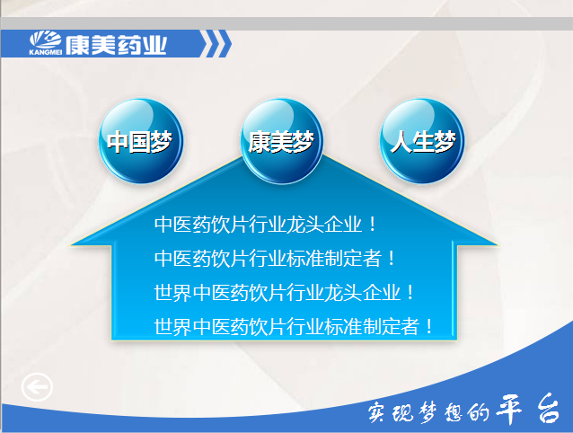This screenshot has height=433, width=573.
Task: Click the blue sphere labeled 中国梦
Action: pos(141,141)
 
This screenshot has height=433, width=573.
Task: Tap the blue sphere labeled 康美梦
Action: pos(282,141)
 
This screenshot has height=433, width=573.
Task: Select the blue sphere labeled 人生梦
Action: pos(422,141)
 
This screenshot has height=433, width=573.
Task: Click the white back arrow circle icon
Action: pos(37,387)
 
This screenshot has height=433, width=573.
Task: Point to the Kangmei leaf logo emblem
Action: pos(45,40)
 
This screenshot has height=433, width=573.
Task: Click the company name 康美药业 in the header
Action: pos(116,45)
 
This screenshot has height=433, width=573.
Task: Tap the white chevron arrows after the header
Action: pos(216,44)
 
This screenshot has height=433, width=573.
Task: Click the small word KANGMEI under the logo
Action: pos(45,52)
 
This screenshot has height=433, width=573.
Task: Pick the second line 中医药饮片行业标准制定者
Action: pos(268,258)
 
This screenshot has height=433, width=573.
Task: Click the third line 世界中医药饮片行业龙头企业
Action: pos(278,292)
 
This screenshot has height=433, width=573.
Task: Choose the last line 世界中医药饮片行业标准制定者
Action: pos(286,326)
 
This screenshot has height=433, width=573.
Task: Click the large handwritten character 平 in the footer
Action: pos(509,410)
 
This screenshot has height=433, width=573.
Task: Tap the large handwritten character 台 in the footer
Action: pos(549,409)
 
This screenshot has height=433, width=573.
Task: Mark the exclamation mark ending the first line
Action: pos(373,224)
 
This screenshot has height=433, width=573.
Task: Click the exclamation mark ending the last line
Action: pos(429,326)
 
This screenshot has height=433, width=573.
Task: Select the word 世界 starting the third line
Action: pos(172,292)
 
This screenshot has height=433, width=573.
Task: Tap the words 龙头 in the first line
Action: pos(305,224)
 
